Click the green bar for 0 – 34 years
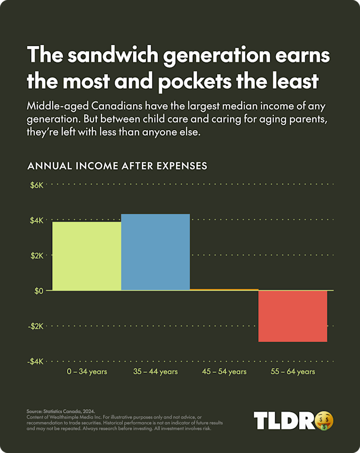(86, 255)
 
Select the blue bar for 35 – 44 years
(155, 252)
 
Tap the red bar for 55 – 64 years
(292, 316)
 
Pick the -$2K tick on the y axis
(37, 326)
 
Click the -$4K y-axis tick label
(37, 362)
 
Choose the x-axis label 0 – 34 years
(86, 372)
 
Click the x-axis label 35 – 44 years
(155, 372)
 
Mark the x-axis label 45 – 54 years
(224, 372)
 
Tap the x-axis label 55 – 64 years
(292, 372)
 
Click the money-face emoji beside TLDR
(325, 420)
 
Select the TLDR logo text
(283, 421)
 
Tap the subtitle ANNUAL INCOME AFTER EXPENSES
(117, 166)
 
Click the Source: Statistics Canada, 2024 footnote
(61, 411)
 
